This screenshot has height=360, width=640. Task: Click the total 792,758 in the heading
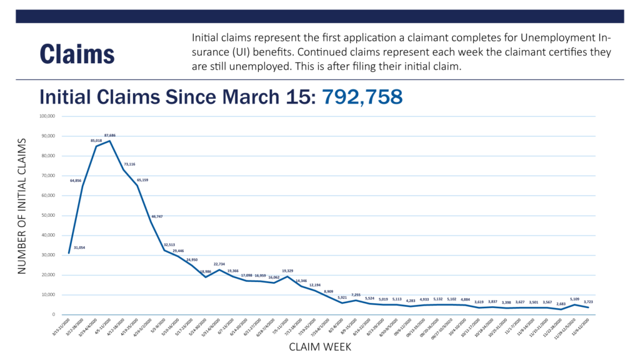362,97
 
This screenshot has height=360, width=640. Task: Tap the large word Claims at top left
77,54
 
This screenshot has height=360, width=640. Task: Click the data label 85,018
97,141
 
